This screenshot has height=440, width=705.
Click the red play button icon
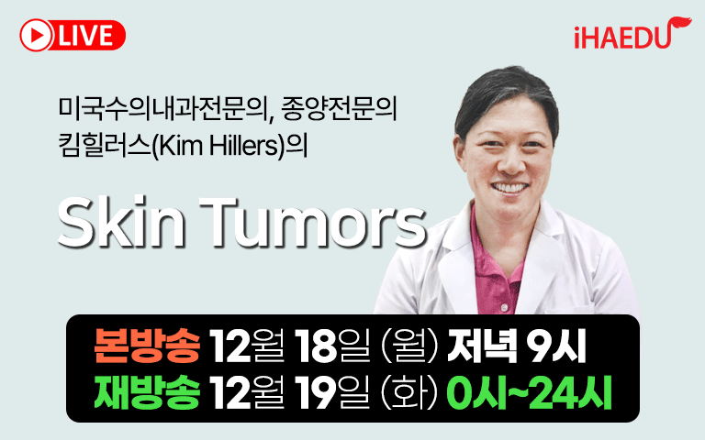tap(36, 35)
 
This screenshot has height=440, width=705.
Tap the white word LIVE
tap(86, 36)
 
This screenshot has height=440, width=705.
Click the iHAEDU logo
tap(632, 33)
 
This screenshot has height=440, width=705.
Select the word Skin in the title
tap(121, 222)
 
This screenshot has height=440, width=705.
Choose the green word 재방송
tap(147, 392)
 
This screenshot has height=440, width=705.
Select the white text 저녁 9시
tap(516, 346)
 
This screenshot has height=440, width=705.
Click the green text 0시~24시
tap(529, 392)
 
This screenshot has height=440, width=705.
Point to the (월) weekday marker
tap(408, 346)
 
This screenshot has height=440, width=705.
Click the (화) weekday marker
tap(408, 393)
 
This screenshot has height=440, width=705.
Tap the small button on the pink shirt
tap(505, 307)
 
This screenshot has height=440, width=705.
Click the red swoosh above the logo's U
tap(679, 23)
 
